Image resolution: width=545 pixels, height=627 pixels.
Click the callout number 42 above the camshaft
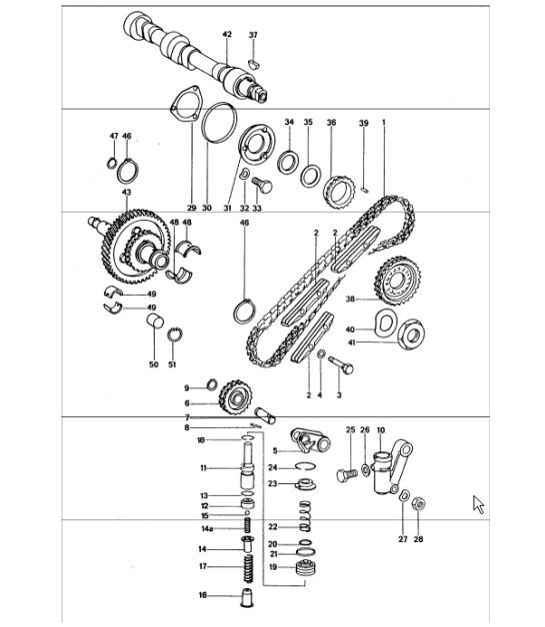(227, 35)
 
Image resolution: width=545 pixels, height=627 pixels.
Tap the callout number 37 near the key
(253, 35)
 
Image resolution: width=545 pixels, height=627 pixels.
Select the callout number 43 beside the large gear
(127, 192)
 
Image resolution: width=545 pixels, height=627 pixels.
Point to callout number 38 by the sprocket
(350, 297)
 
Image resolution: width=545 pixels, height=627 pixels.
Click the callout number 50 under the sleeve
(154, 365)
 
